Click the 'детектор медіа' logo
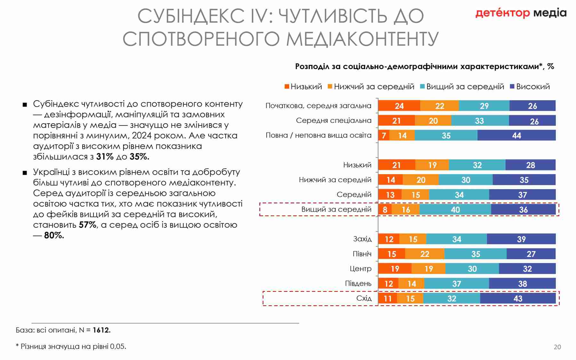click(x=521, y=13)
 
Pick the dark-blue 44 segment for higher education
click(x=516, y=135)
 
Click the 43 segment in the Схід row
click(x=517, y=299)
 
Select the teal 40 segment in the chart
click(x=455, y=210)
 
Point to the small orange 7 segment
click(x=384, y=135)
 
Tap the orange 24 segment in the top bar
click(x=399, y=106)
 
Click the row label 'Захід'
click(x=362, y=239)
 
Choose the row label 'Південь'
click(x=358, y=284)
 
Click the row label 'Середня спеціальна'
click(x=333, y=121)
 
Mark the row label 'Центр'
click(x=360, y=269)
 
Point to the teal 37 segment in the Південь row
click(x=456, y=284)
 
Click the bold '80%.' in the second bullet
click(x=54, y=236)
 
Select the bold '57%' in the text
click(x=88, y=225)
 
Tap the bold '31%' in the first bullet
click(x=105, y=157)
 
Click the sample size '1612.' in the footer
click(x=101, y=330)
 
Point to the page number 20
click(x=557, y=347)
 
